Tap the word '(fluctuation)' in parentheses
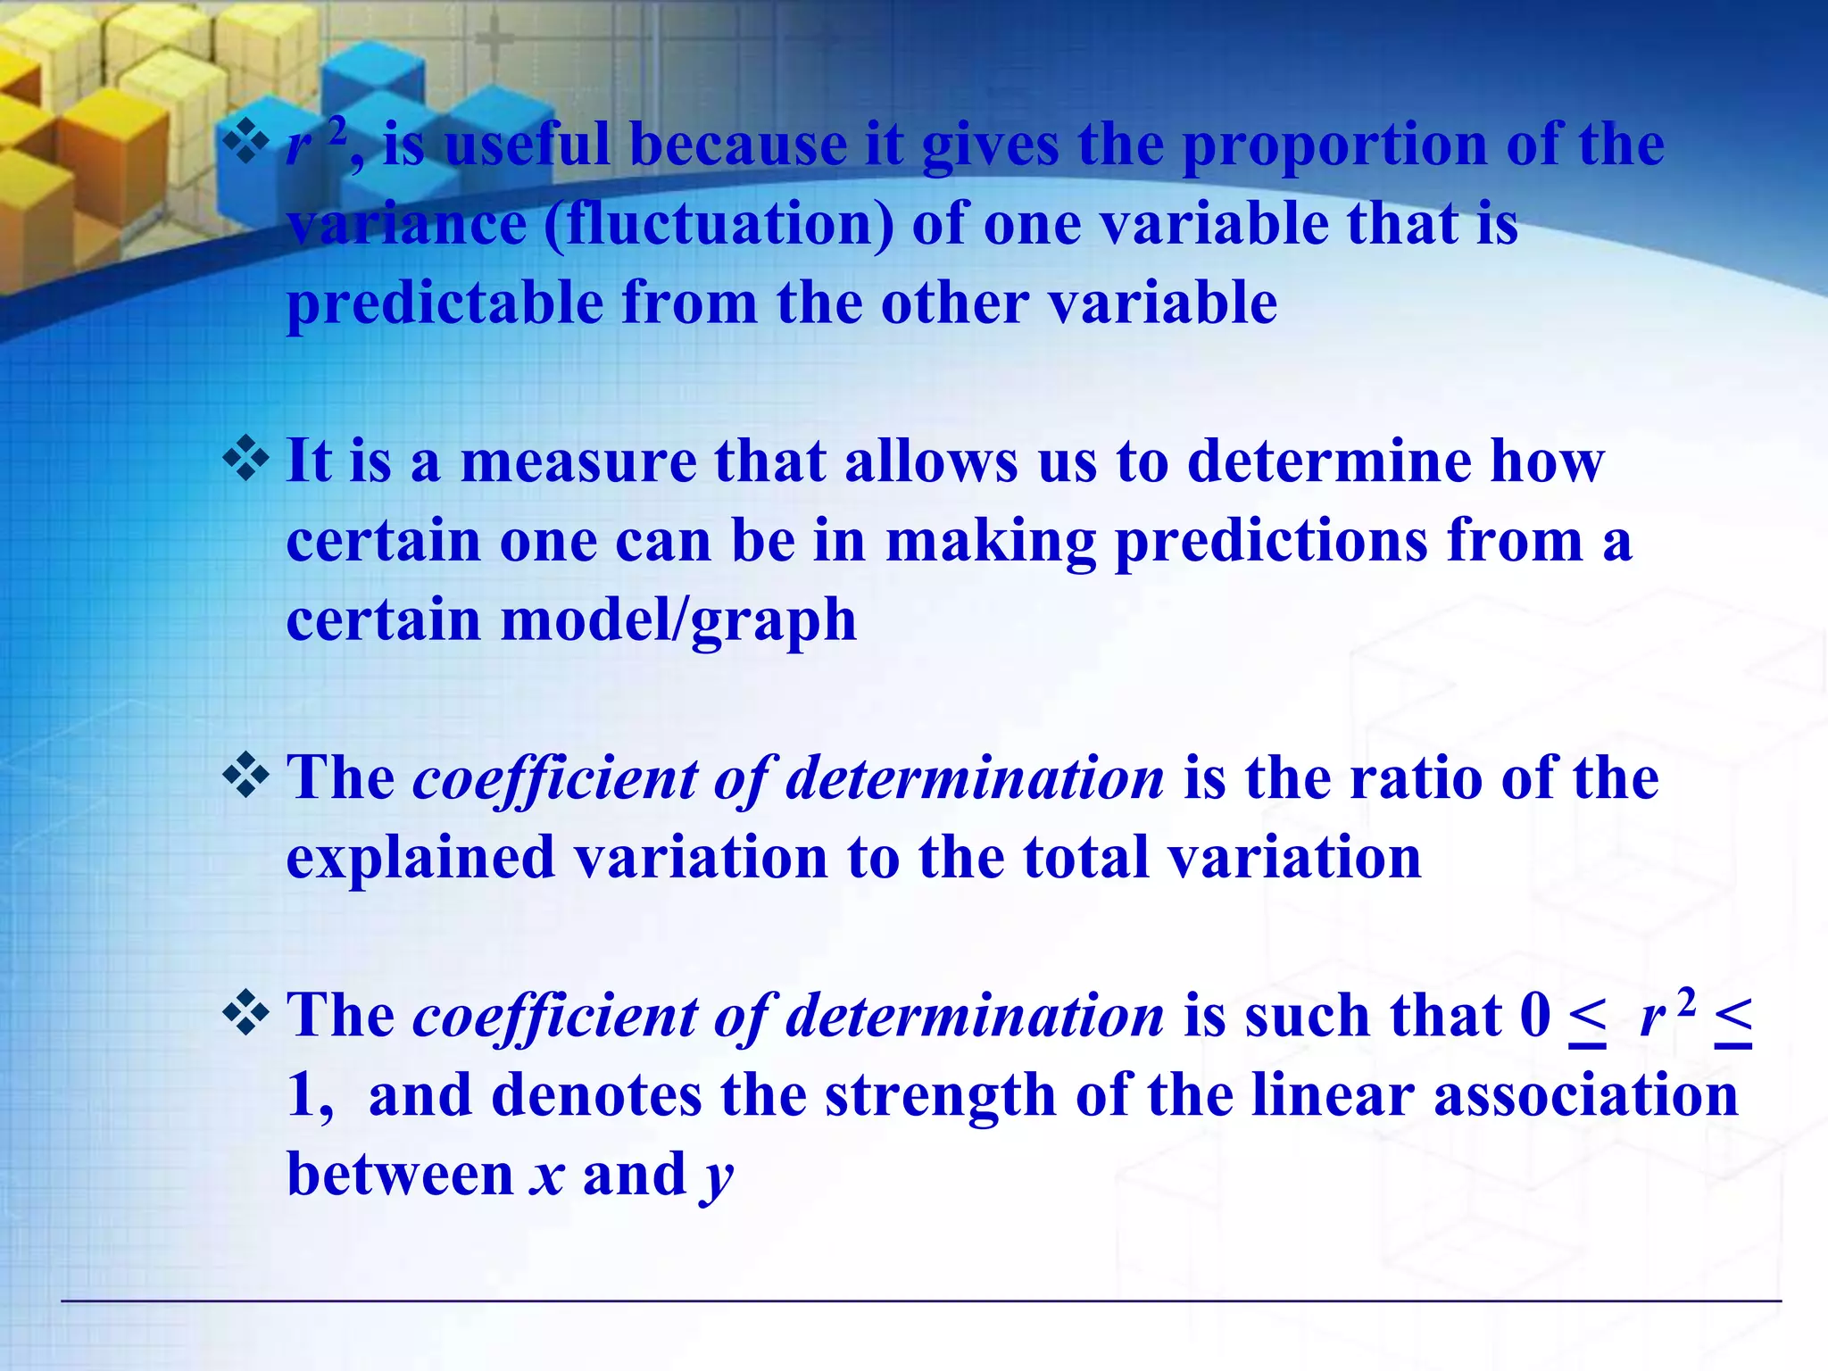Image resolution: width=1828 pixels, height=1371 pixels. [719, 224]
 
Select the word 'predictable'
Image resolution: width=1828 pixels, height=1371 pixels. [445, 303]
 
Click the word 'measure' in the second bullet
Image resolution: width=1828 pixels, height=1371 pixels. [578, 462]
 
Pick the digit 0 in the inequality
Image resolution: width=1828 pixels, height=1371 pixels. [1535, 1016]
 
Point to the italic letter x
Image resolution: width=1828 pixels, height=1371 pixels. [547, 1175]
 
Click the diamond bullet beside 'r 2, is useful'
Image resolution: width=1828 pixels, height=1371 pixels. [246, 143]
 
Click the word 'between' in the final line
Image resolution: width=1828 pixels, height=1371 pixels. [400, 1175]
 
